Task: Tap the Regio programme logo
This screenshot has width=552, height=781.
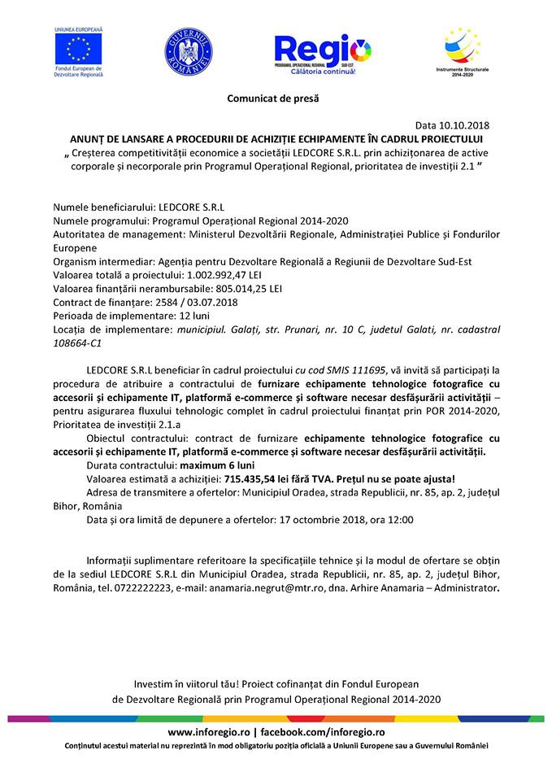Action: (x=323, y=53)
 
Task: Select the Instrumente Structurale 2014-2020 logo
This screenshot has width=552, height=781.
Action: (x=462, y=53)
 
